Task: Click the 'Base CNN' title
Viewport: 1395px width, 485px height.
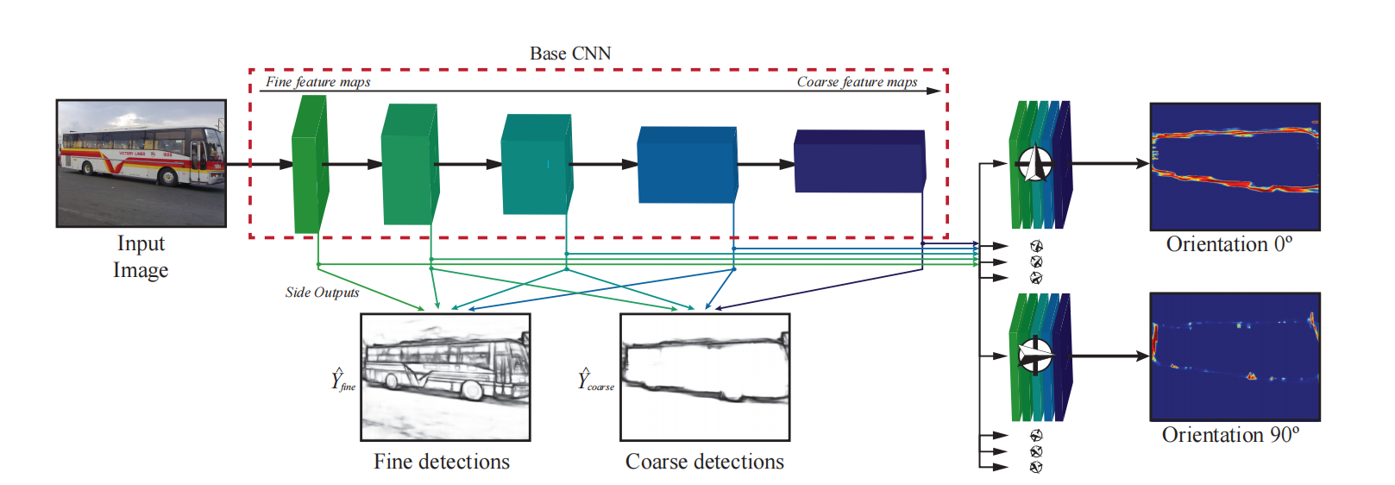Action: click(x=570, y=54)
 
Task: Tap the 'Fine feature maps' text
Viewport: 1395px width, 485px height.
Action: click(x=317, y=82)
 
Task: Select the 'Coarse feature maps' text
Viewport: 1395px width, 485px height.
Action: click(x=857, y=82)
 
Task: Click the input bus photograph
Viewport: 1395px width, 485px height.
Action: click(x=141, y=163)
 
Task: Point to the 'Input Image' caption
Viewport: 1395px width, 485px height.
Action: click(x=141, y=256)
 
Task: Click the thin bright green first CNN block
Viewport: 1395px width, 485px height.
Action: click(x=310, y=164)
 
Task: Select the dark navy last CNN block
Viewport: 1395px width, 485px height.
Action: click(x=859, y=162)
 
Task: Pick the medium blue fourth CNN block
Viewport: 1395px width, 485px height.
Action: click(x=687, y=165)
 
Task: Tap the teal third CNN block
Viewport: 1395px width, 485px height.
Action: click(x=536, y=164)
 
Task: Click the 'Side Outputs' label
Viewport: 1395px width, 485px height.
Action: click(x=322, y=293)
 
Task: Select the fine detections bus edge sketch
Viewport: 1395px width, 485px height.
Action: click(x=445, y=377)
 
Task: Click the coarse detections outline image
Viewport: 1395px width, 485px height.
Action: click(x=705, y=377)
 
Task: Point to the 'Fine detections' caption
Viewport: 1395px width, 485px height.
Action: click(x=442, y=462)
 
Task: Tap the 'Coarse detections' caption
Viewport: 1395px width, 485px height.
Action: click(x=705, y=462)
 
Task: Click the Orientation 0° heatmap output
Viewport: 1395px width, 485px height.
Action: click(x=1235, y=167)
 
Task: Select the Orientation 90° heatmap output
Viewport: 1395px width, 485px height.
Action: click(x=1235, y=356)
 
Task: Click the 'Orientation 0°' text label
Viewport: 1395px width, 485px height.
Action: click(x=1229, y=244)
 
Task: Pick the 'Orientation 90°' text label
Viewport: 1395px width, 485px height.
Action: click(x=1230, y=435)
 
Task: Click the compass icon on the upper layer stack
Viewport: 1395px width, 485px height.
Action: click(x=1034, y=163)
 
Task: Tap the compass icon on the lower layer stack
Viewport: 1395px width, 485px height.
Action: click(x=1034, y=355)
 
